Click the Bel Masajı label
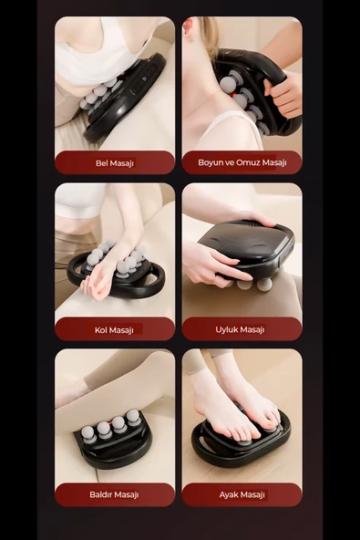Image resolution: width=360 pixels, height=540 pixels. (115, 163)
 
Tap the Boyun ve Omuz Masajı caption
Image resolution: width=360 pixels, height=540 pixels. (242, 162)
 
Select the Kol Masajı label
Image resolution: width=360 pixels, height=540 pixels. (114, 330)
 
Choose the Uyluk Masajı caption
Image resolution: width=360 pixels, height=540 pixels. (240, 329)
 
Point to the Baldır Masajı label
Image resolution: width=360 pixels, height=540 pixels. (114, 494)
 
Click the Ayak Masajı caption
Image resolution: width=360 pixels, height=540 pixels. (242, 495)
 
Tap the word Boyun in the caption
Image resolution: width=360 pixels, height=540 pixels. (211, 162)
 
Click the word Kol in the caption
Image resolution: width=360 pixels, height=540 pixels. (101, 330)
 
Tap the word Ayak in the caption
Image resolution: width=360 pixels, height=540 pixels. (229, 495)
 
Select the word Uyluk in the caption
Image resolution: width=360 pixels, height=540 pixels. (226, 329)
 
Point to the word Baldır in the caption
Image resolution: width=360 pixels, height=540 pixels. (100, 494)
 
